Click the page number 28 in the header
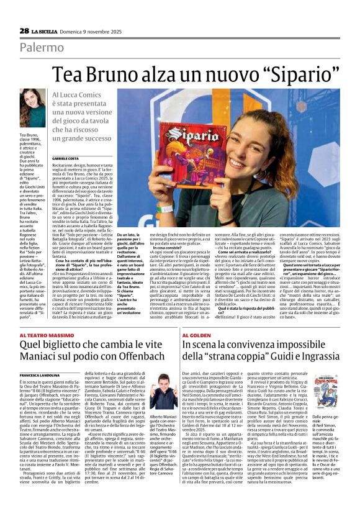point(23,30)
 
